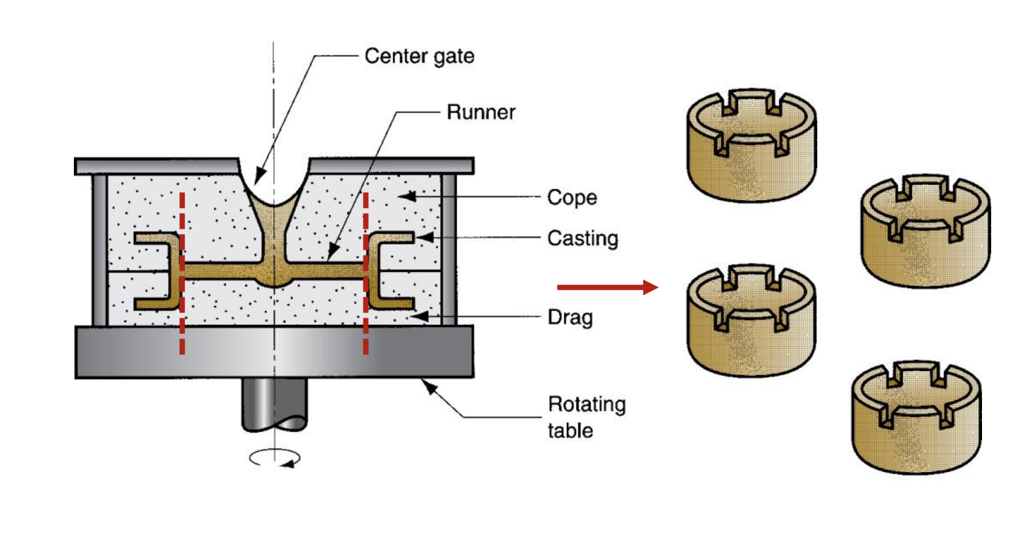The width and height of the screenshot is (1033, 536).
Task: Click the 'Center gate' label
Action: [x=419, y=56]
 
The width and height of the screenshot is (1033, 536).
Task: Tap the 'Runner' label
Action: [x=481, y=112]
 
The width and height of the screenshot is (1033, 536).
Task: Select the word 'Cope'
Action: [x=572, y=197]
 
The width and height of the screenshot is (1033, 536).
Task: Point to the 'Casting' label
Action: [x=583, y=239]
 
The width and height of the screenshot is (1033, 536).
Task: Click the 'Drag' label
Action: [x=570, y=318]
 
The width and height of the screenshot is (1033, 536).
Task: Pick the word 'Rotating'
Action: [x=586, y=404]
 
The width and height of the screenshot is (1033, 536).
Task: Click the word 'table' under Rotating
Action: [x=570, y=431]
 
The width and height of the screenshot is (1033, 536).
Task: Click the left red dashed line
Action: [x=182, y=275]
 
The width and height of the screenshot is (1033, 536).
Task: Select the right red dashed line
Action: [x=365, y=275]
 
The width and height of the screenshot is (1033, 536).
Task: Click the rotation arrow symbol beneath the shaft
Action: [x=275, y=458]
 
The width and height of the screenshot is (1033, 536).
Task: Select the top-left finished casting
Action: [x=751, y=147]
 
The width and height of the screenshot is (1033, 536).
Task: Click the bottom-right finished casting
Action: [x=916, y=418]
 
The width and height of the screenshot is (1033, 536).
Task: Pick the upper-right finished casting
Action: [x=925, y=232]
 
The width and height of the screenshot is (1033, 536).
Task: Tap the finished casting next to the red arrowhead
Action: [x=751, y=322]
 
